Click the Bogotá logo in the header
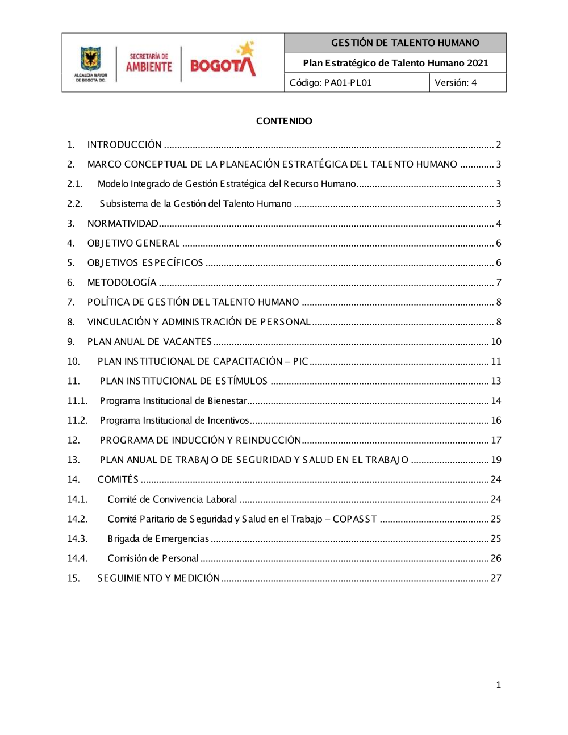(x=223, y=61)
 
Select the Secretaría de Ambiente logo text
(x=149, y=63)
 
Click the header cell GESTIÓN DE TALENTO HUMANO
(x=405, y=43)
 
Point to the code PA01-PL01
(x=348, y=83)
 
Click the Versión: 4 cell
(x=456, y=83)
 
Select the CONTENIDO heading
(x=284, y=121)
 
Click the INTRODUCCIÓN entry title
(x=124, y=145)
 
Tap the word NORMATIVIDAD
(x=123, y=224)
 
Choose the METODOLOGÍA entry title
(x=122, y=283)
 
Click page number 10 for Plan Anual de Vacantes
(x=496, y=342)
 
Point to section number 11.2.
(x=77, y=421)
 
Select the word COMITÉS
(x=118, y=480)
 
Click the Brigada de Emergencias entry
(x=158, y=539)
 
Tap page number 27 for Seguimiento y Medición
(x=496, y=578)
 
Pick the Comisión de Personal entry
(x=153, y=559)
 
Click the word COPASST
(x=355, y=519)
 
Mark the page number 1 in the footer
(x=499, y=685)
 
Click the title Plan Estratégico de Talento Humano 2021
(x=395, y=63)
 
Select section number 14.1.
(x=77, y=500)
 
